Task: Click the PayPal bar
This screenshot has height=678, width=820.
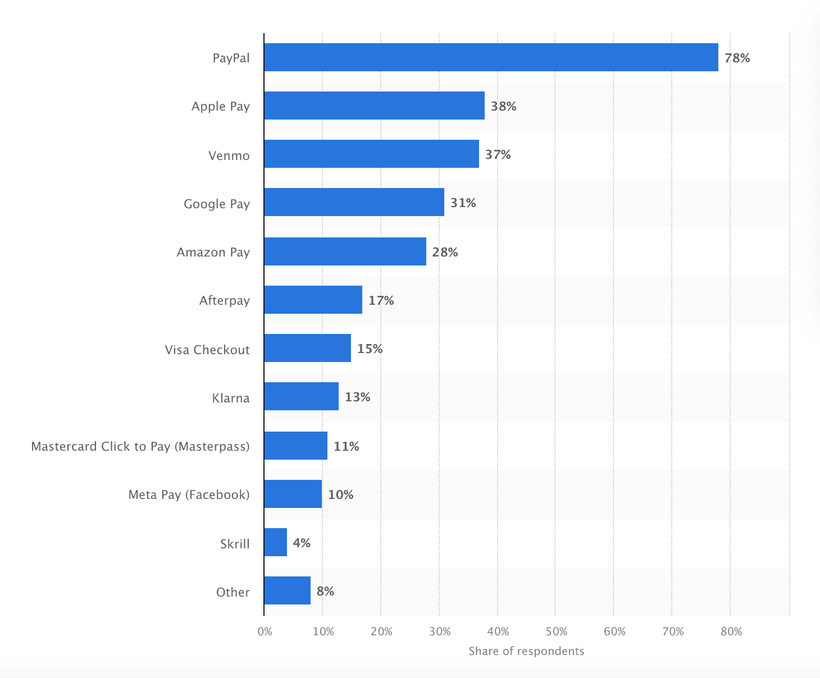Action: pos(491,57)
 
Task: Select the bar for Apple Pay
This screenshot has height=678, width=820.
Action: pos(374,106)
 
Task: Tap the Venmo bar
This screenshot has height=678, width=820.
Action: pos(371,154)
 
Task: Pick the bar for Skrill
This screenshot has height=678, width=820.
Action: pos(275,542)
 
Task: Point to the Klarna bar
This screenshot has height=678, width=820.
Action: pos(301,396)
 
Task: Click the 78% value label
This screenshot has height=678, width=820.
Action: pos(737,58)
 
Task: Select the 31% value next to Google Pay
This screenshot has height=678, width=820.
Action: pos(463,203)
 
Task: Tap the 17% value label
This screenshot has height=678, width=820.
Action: pos(381,300)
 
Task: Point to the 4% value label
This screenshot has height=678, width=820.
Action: pos(302,543)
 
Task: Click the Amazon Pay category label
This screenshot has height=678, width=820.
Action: pos(213,252)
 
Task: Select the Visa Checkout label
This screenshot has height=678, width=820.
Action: pos(207,350)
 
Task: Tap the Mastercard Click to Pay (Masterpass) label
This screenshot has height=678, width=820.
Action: pos(140,446)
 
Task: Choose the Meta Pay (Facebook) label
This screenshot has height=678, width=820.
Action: pos(189,494)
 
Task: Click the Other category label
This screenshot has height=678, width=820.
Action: pos(233,592)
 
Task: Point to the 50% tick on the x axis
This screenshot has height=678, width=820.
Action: pos(556,631)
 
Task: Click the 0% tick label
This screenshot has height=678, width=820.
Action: pos(265,631)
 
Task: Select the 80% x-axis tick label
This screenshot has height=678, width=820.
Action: pos(731,631)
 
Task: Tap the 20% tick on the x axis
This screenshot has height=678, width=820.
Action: pos(381,631)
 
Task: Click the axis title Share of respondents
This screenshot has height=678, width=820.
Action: pos(526,651)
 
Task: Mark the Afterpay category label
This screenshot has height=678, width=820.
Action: pos(224,300)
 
